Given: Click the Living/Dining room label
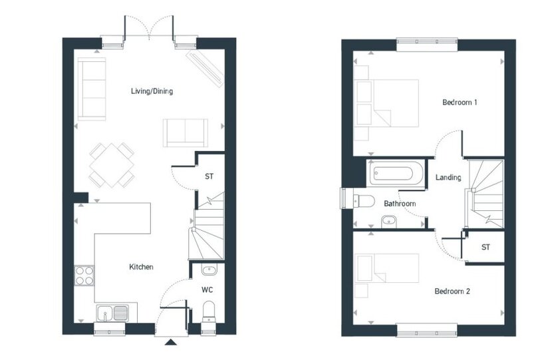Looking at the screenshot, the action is click(x=152, y=91).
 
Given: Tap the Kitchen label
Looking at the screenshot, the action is click(x=141, y=267).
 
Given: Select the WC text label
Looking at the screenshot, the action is click(x=207, y=289).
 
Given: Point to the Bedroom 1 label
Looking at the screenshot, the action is click(x=460, y=102).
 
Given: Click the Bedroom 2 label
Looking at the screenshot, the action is click(x=452, y=291).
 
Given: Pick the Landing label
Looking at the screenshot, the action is click(x=448, y=177).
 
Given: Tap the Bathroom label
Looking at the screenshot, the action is click(x=400, y=204).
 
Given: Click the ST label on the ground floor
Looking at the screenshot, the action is click(x=209, y=176).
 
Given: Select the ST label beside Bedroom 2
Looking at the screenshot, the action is click(x=485, y=247).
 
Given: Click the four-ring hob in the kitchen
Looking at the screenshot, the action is click(x=84, y=275).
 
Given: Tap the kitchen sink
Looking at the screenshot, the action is click(x=112, y=313).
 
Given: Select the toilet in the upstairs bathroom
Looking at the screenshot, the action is click(x=364, y=201).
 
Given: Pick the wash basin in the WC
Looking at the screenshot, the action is click(x=209, y=270).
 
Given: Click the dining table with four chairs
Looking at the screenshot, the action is click(x=112, y=165).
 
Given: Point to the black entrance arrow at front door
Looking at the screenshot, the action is click(x=171, y=342).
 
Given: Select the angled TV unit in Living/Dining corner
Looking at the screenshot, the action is click(x=205, y=69).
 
